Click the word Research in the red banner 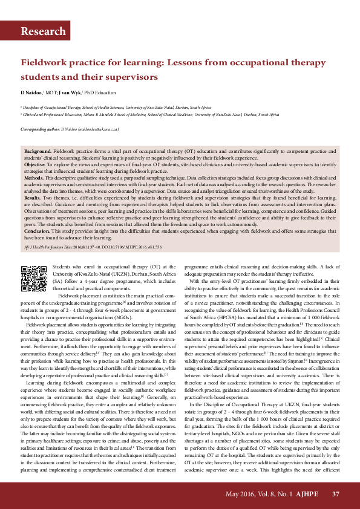[43, 31]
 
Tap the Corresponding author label [40, 129]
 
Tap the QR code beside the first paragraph [34, 279]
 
